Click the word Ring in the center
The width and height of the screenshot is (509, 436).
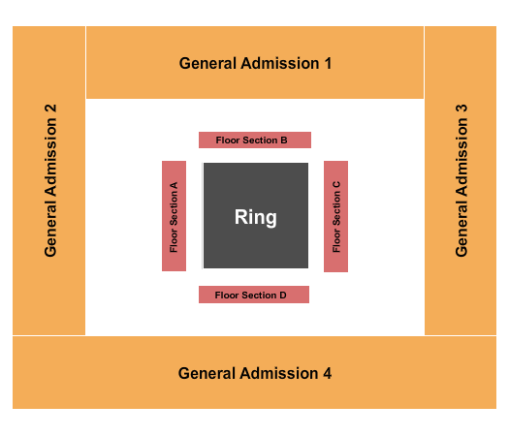click(x=255, y=217)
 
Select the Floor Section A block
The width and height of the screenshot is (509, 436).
click(x=174, y=216)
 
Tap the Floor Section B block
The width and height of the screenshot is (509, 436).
click(x=254, y=140)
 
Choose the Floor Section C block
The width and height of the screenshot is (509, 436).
click(x=335, y=216)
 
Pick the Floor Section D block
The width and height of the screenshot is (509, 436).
click(x=253, y=295)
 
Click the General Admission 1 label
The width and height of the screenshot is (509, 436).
click(x=255, y=63)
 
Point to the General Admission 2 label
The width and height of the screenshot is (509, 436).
click(x=50, y=180)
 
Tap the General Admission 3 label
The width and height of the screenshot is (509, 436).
click(x=461, y=180)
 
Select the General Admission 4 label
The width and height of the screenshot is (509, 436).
click(x=255, y=373)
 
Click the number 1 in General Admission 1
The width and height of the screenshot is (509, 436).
click(x=328, y=63)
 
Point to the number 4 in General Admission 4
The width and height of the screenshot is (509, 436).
click(x=327, y=373)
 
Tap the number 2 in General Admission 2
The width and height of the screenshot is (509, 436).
click(x=50, y=109)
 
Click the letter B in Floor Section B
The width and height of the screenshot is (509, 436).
click(x=283, y=140)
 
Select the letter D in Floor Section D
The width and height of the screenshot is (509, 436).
click(x=282, y=295)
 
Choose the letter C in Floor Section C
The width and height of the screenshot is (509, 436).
click(x=335, y=185)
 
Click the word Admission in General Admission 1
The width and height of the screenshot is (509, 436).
click(x=279, y=63)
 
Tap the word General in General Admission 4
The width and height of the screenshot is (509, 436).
click(x=206, y=373)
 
